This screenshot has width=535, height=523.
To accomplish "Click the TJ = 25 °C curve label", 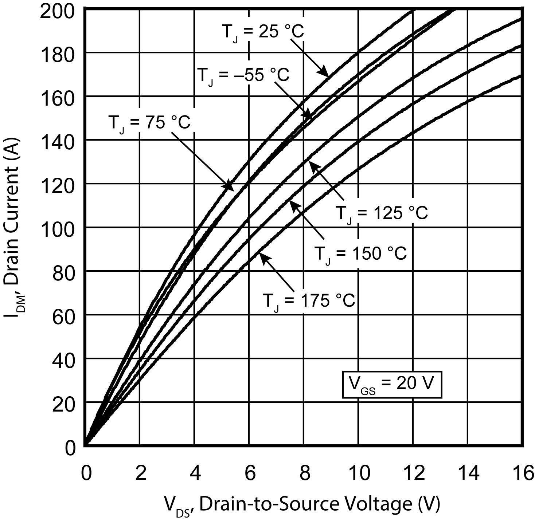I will pyautogui.click(x=262, y=32).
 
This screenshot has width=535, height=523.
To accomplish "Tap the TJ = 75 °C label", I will pyautogui.click(x=149, y=123).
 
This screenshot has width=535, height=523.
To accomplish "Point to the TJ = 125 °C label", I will pyautogui.click(x=381, y=214).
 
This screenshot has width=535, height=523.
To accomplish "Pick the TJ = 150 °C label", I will pyautogui.click(x=360, y=254).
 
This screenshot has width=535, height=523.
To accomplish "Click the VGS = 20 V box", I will pyautogui.click(x=392, y=384).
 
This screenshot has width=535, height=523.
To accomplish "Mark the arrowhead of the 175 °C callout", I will pyautogui.click(x=263, y=255).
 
